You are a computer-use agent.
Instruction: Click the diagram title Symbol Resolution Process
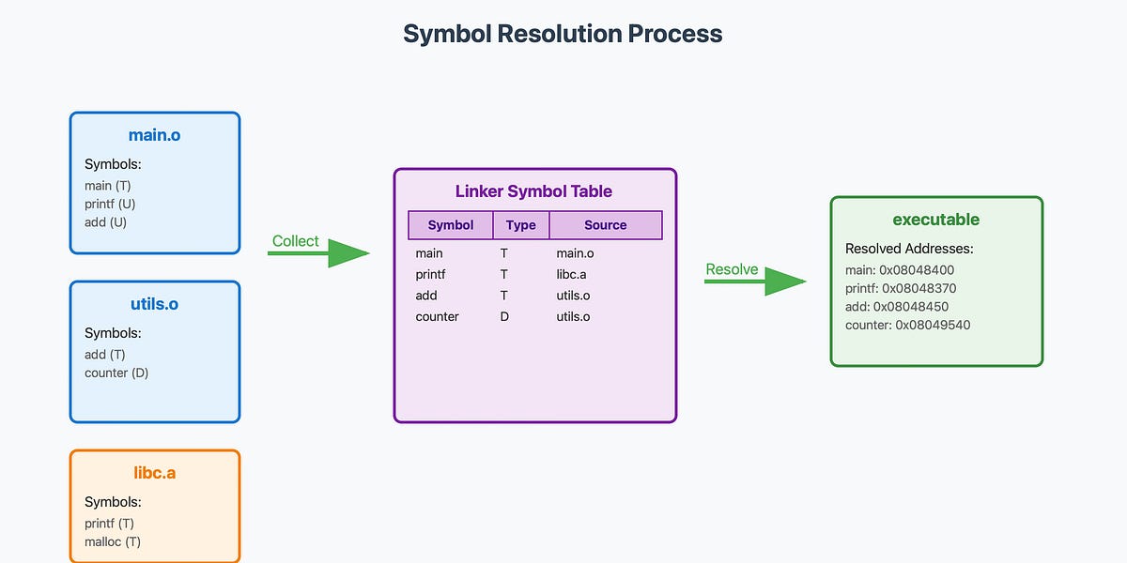pos(563,34)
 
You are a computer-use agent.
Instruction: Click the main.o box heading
pos(155,135)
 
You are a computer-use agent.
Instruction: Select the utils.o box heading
pos(155,304)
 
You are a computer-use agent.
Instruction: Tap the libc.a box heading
pos(155,473)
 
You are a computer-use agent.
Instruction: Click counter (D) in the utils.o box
pos(116,373)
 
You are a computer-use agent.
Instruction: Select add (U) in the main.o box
pos(105,222)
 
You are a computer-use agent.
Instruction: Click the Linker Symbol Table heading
pos(533,191)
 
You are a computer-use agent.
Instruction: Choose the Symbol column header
pos(451,225)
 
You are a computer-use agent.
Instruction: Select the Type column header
pos(520,225)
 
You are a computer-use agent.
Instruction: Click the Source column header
pos(605,225)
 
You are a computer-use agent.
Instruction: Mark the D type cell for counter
pos(504,316)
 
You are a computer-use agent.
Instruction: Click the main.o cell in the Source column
pos(575,253)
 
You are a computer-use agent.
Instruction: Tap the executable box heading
pos(935,220)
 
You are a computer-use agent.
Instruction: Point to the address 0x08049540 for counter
pos(933,325)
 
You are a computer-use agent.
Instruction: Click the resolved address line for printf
pos(901,288)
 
